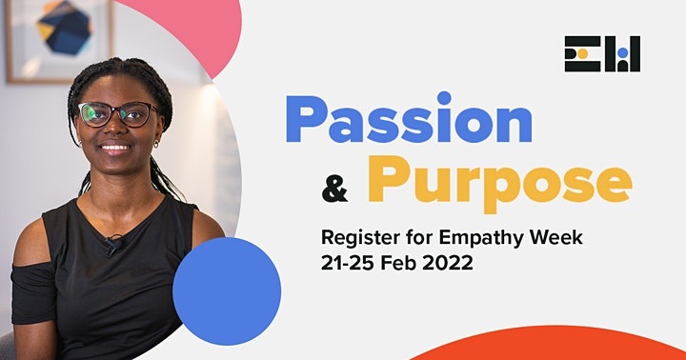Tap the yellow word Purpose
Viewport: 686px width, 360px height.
[499, 181]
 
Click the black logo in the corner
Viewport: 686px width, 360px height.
[602, 54]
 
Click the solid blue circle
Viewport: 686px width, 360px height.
[227, 291]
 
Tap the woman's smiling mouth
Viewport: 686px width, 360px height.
[115, 149]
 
